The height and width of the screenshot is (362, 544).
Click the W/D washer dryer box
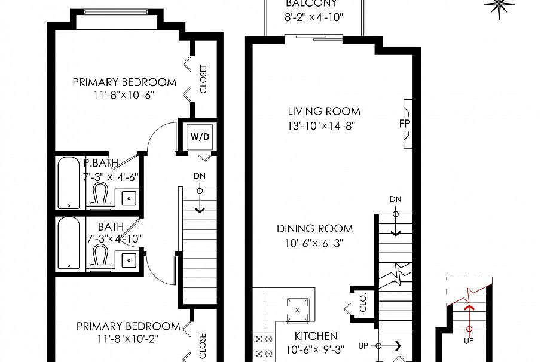[200, 137]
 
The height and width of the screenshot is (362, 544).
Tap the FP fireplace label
[404, 124]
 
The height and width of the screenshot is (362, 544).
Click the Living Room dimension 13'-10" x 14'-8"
[324, 125]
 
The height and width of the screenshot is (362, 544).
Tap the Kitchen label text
[316, 336]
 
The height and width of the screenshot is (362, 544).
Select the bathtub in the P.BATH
[69, 183]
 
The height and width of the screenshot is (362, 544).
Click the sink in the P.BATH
[128, 198]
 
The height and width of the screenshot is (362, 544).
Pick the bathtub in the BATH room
[69, 244]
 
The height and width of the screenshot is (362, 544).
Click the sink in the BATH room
[128, 259]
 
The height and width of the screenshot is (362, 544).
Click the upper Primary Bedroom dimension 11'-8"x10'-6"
[124, 94]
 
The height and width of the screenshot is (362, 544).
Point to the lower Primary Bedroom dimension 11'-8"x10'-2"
[128, 338]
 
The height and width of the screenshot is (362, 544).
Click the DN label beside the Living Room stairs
[395, 199]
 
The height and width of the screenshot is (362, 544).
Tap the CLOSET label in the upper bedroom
[203, 79]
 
